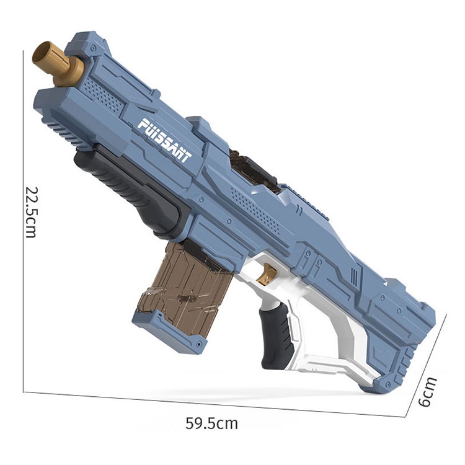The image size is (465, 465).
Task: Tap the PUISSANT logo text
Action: pos(165,140)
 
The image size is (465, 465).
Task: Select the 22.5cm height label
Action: pos(30,212)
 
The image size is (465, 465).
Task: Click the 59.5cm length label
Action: pos(212,423)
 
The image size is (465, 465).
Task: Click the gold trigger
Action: pos(267,274)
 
